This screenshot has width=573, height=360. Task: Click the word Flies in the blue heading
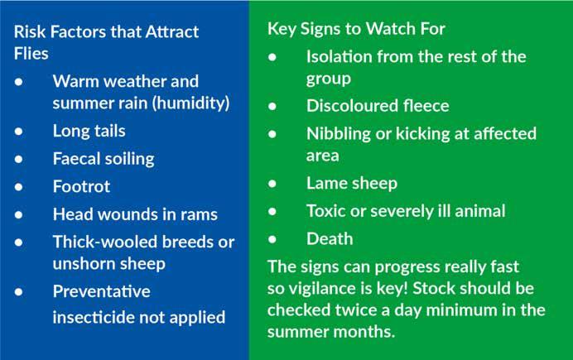pyautogui.click(x=31, y=53)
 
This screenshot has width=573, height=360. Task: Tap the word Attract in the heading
pyautogui.click(x=171, y=31)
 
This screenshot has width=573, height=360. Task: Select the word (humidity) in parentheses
pyautogui.click(x=190, y=103)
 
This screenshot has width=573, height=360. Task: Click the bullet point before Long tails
pyautogui.click(x=19, y=131)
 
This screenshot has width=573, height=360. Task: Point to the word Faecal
pyautogui.click(x=75, y=158)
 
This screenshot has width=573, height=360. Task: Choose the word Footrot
pyautogui.click(x=81, y=186)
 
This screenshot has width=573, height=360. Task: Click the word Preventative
pyautogui.click(x=102, y=291)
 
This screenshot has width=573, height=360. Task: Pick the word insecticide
pyautogui.click(x=94, y=317)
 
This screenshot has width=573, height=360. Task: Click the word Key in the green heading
pyautogui.click(x=282, y=29)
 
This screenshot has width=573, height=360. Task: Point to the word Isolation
pyautogui.click(x=339, y=56)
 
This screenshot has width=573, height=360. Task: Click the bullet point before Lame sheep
pyautogui.click(x=272, y=183)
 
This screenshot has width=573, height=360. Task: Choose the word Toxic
pyautogui.click(x=325, y=211)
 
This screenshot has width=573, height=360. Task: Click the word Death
pyautogui.click(x=330, y=239)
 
